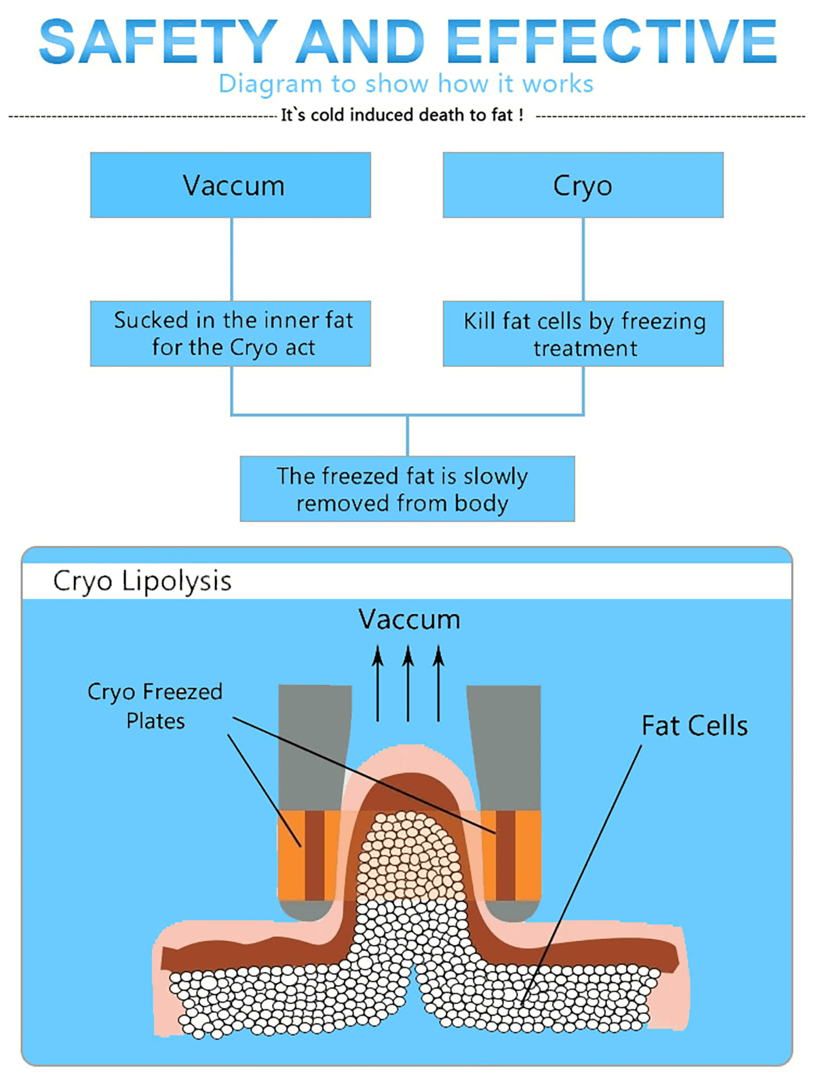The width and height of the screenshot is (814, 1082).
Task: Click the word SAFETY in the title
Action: pyautogui.click(x=157, y=42)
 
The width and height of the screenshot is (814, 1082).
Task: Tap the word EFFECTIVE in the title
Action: pyautogui.click(x=612, y=42)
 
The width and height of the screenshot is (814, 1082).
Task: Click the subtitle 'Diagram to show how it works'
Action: pyautogui.click(x=406, y=84)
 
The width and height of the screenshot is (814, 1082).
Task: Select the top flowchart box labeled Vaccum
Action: pyautogui.click(x=231, y=185)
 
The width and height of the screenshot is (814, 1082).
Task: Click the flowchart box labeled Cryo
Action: pyautogui.click(x=583, y=185)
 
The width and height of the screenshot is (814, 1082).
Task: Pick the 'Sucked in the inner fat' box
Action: pyautogui.click(x=231, y=333)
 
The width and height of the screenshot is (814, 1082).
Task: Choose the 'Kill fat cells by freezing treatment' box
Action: pyautogui.click(x=583, y=334)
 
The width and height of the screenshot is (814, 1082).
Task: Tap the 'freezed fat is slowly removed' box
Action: pyautogui.click(x=407, y=489)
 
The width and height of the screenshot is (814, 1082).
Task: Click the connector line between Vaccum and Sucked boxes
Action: pyautogui.click(x=231, y=259)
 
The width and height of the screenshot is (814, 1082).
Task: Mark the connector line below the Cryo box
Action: pyautogui.click(x=583, y=259)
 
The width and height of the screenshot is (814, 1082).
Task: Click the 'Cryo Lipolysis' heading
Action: pyautogui.click(x=142, y=581)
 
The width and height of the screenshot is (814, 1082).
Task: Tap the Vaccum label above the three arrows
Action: pyautogui.click(x=409, y=619)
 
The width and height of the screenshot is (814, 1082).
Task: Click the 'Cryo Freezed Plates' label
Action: pyautogui.click(x=155, y=706)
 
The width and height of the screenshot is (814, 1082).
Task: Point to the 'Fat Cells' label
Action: pyautogui.click(x=695, y=726)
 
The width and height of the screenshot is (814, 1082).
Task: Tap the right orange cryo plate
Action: pyautogui.click(x=510, y=855)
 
